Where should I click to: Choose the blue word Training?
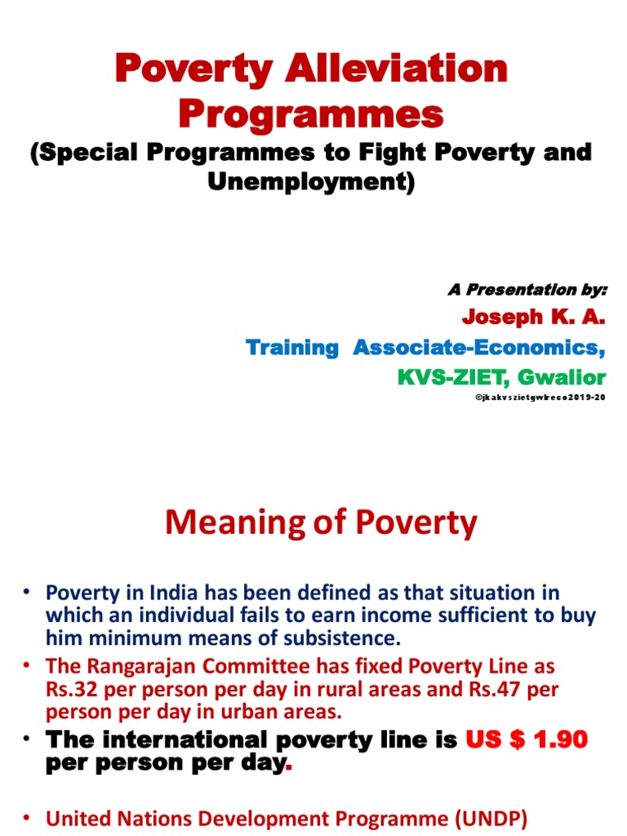pos(292,348)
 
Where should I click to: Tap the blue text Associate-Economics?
pos(479,348)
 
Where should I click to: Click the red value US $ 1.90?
pos(527,741)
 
